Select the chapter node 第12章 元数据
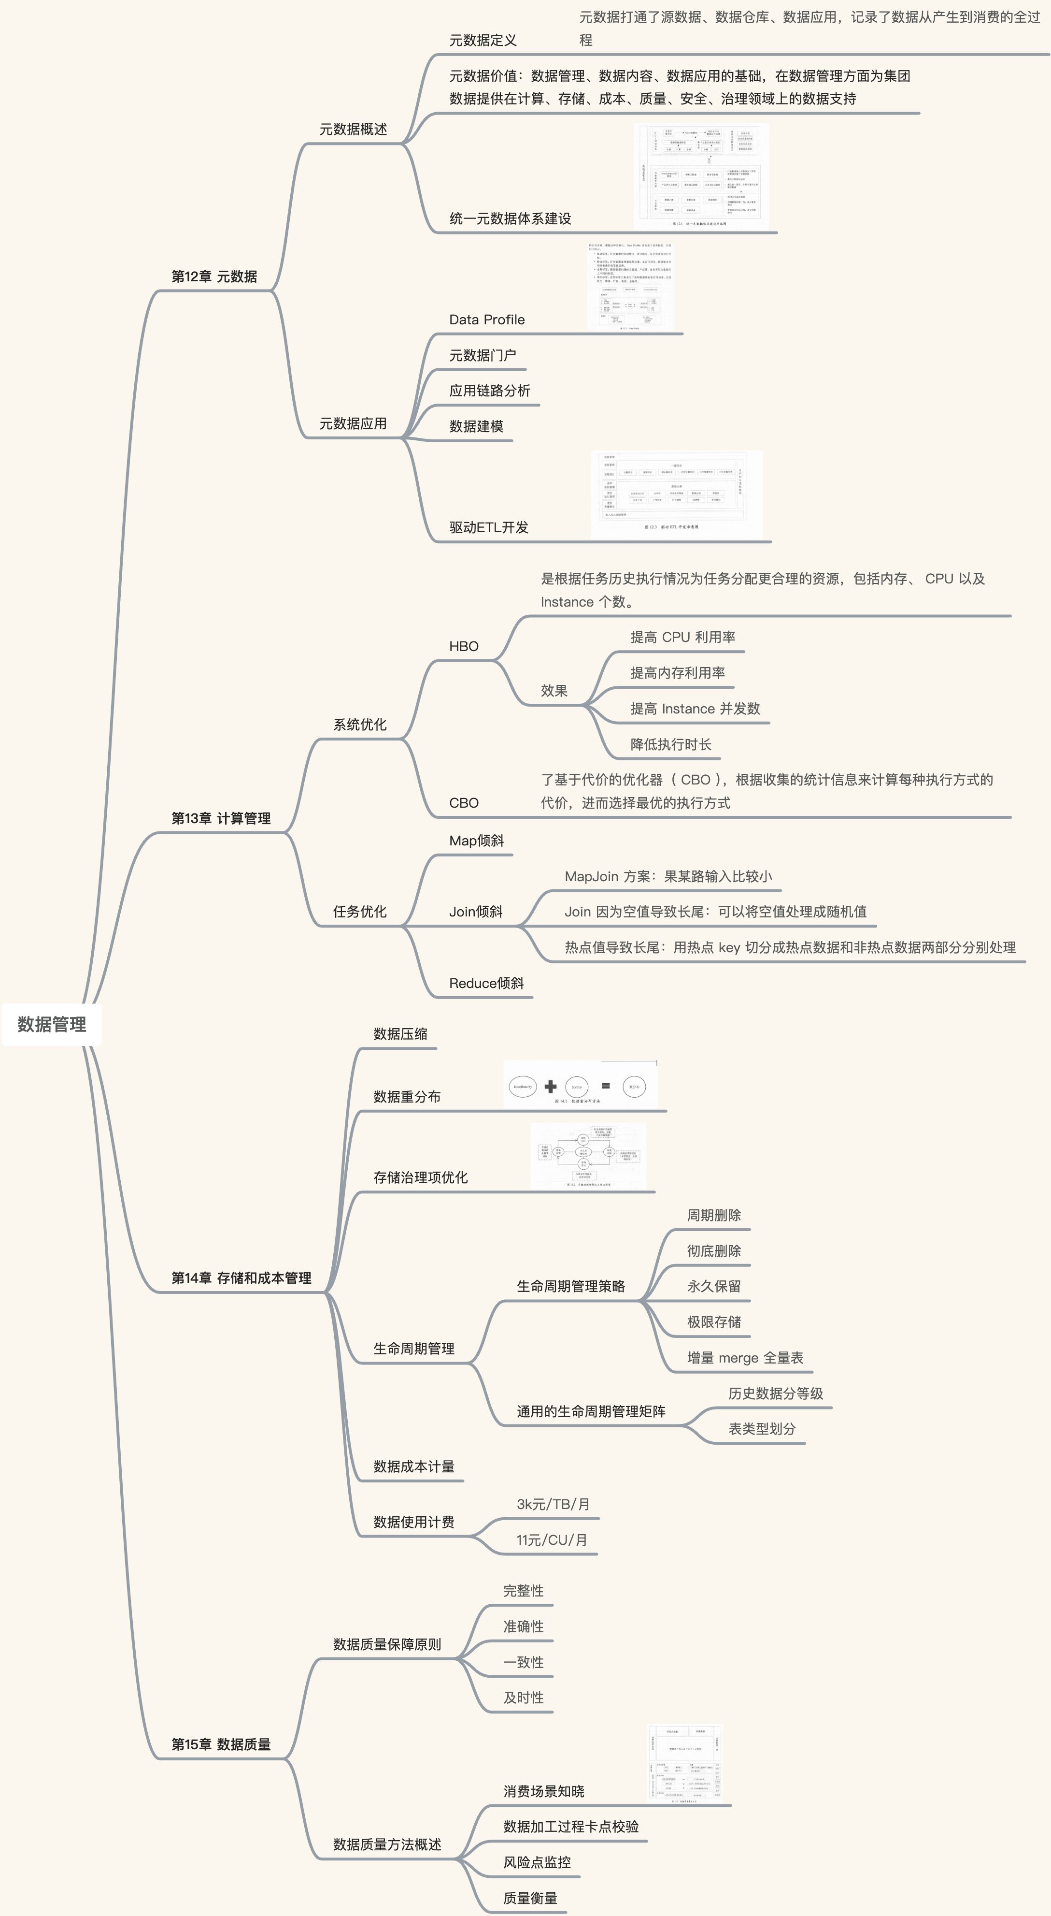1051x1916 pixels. (x=214, y=276)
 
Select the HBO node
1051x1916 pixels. (x=464, y=646)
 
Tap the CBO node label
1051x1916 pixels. (x=464, y=802)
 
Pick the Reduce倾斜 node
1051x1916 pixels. (x=486, y=983)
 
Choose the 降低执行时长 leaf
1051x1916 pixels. (x=670, y=744)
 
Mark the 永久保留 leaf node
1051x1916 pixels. (x=713, y=1287)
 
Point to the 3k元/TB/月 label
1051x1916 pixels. (x=553, y=1504)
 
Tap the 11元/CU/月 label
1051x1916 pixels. (x=552, y=1539)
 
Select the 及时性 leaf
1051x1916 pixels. (x=523, y=1698)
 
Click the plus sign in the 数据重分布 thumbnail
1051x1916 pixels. (x=550, y=1087)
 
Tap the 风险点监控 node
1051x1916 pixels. (x=537, y=1862)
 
